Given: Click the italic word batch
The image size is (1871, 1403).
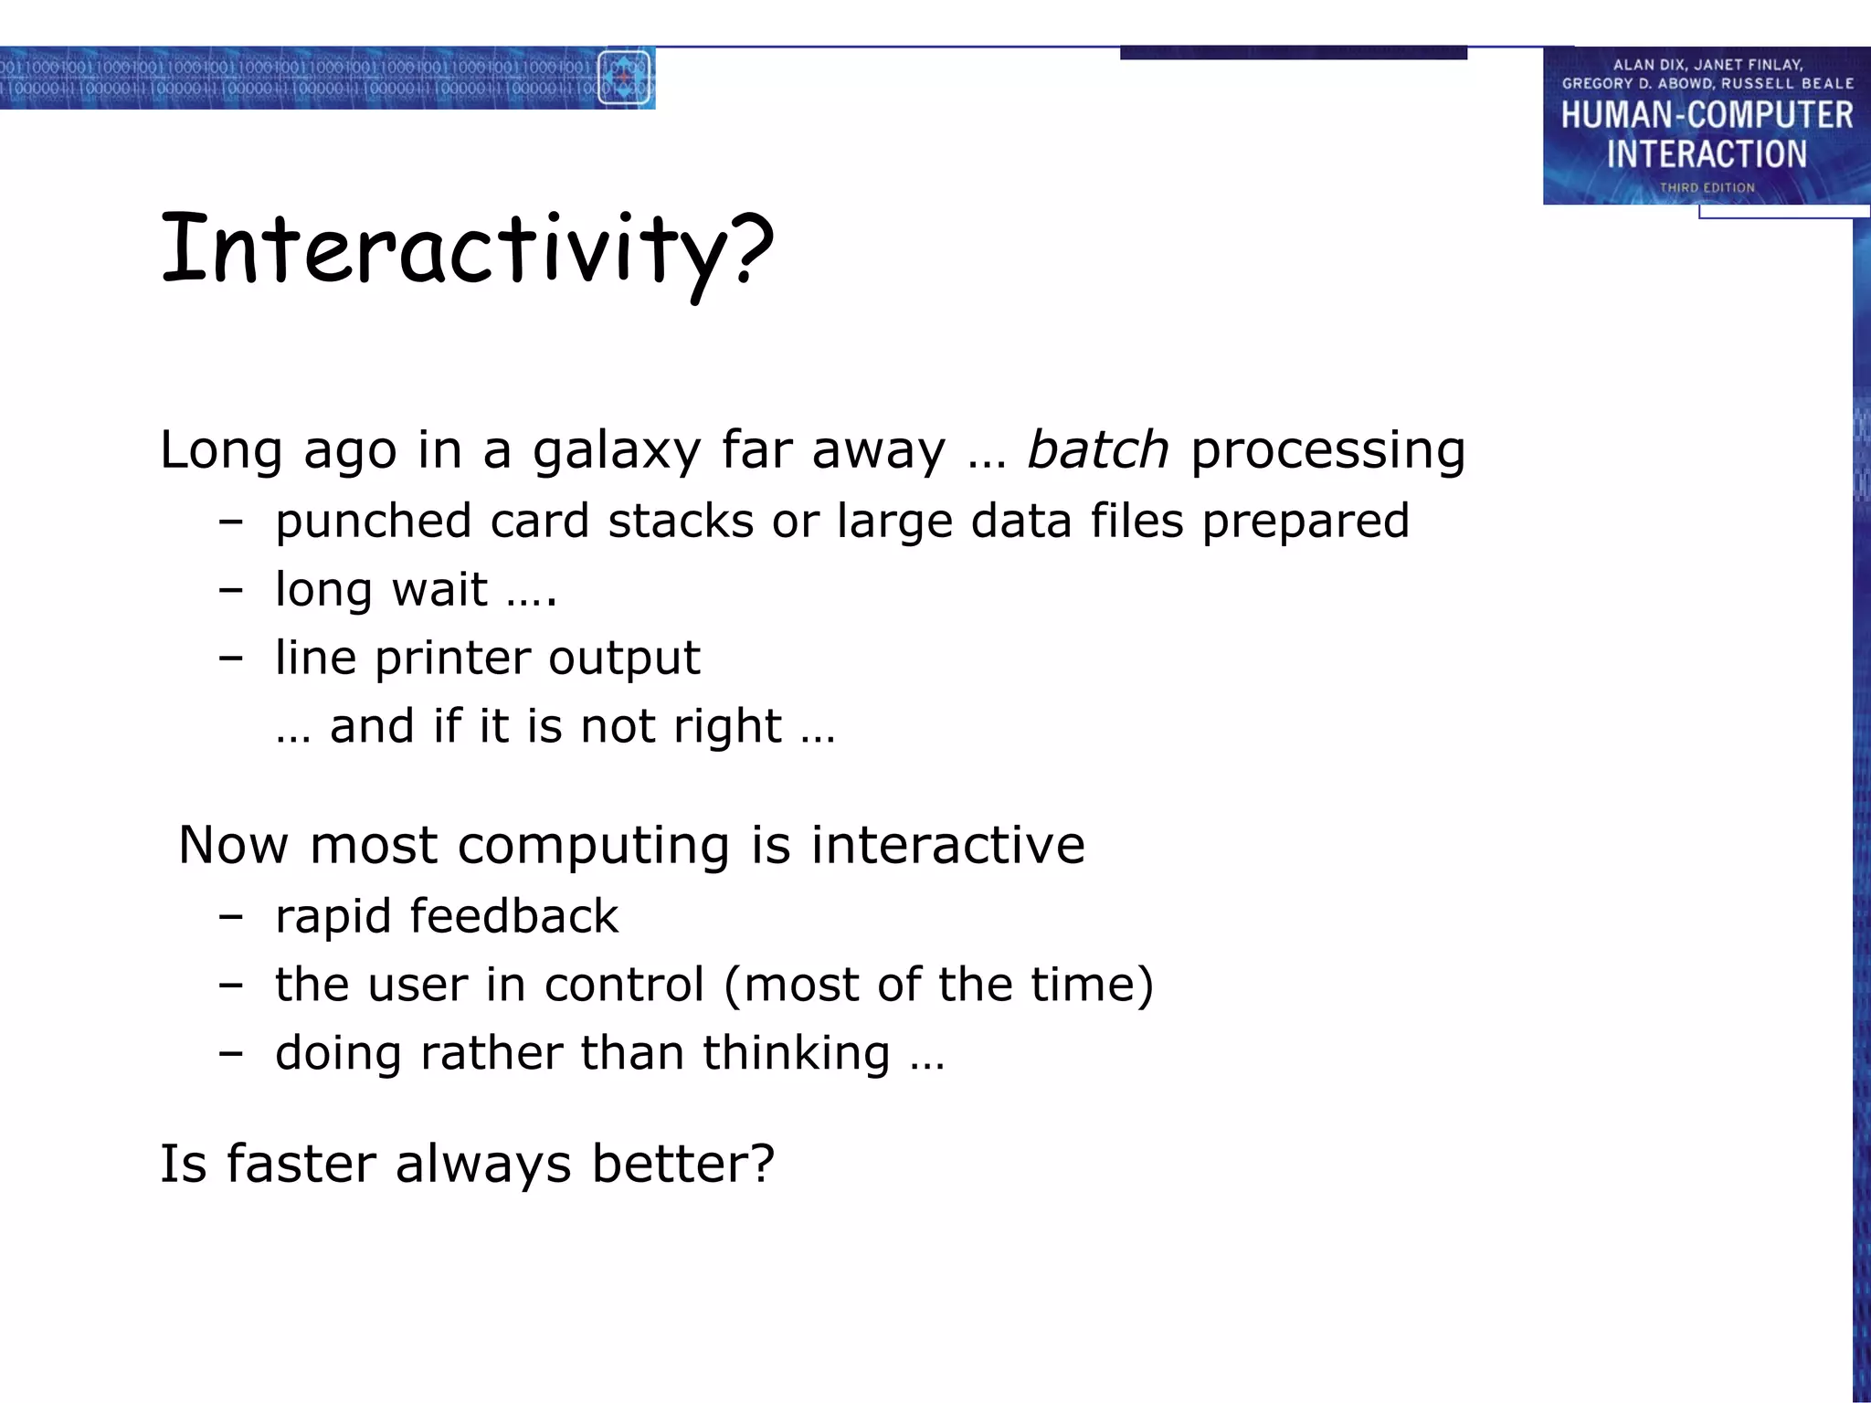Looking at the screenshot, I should (x=1097, y=449).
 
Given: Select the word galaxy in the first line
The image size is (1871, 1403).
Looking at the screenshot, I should (x=616, y=451).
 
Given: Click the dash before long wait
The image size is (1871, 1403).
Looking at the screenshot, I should (x=231, y=590).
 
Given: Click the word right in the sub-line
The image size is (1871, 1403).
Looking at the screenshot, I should (x=727, y=727).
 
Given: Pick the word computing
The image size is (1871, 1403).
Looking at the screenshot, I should (x=593, y=846).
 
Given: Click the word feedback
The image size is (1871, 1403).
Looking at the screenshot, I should (x=513, y=916).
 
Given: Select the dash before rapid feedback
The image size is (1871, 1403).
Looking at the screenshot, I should (x=231, y=917).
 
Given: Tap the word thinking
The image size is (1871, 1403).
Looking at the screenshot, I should (x=796, y=1053).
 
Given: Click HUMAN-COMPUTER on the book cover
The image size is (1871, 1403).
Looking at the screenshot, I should (x=1706, y=116).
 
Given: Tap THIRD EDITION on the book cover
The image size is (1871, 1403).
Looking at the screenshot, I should (x=1707, y=187).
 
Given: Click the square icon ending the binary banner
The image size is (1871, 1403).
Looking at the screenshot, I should (x=624, y=78).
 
